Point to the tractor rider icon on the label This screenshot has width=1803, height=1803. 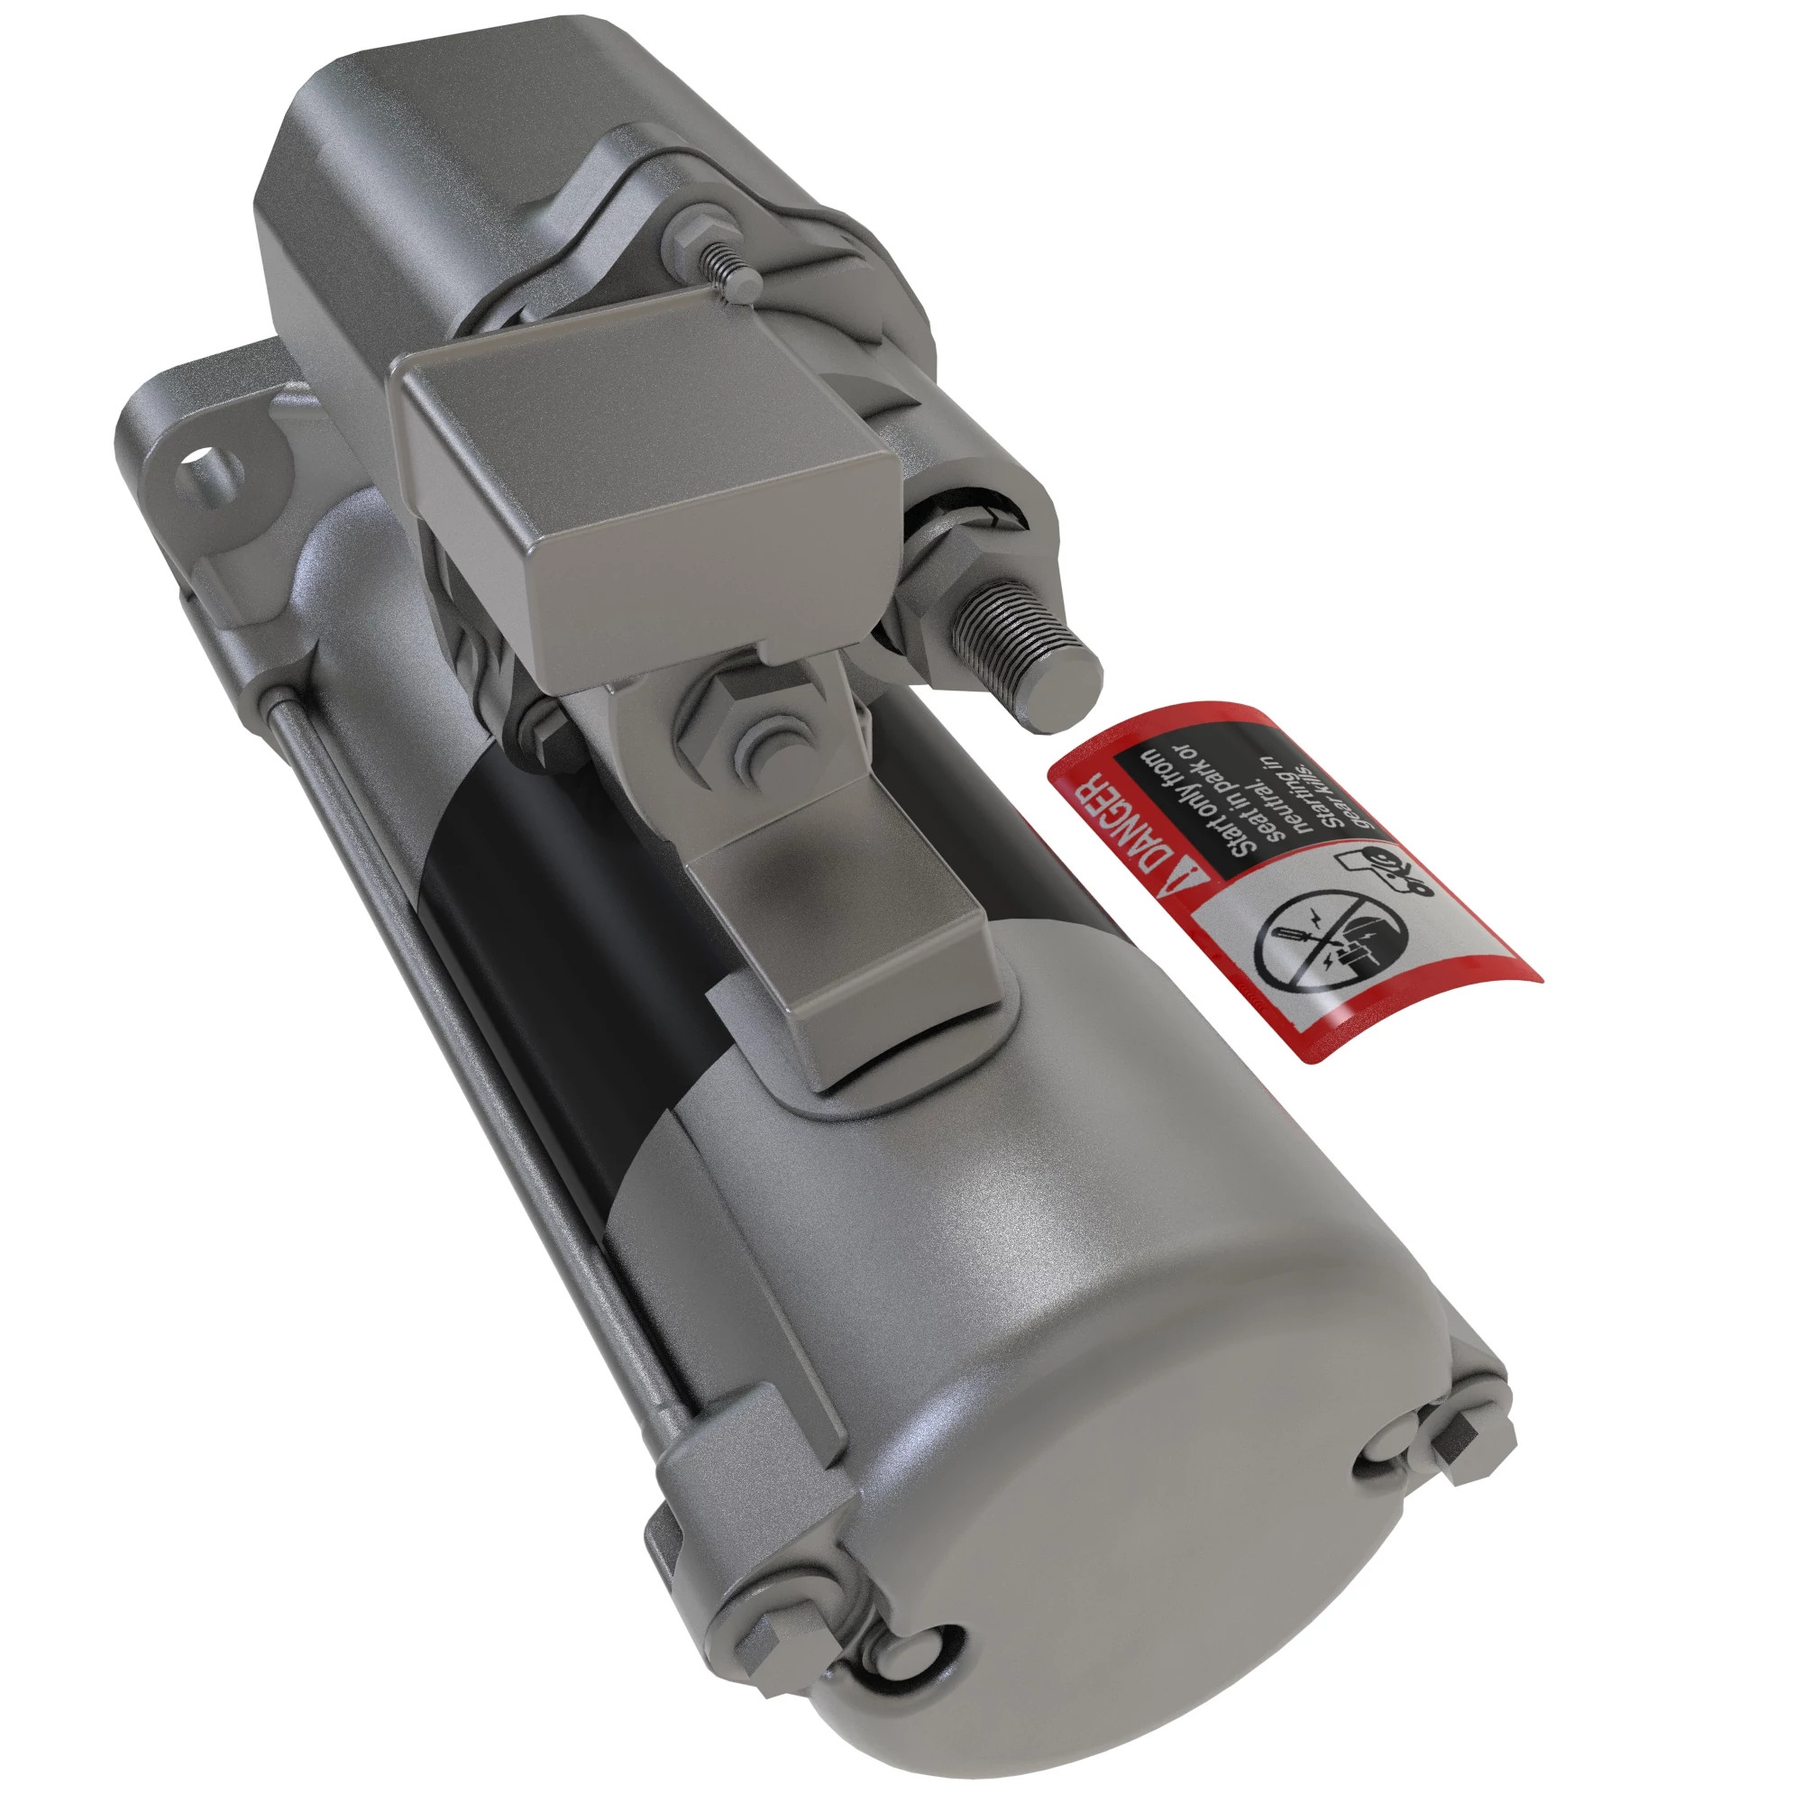(x=1389, y=872)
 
